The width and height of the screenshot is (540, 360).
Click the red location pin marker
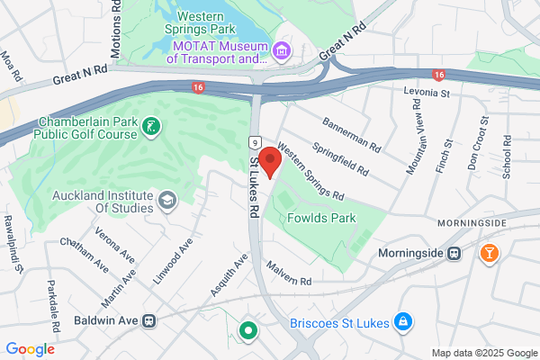click(271, 163)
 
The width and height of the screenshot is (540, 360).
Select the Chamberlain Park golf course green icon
click(152, 126)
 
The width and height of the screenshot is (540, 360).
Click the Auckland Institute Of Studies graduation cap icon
click(166, 199)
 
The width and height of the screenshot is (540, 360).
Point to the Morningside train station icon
click(455, 254)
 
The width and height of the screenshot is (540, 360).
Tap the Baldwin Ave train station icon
click(149, 319)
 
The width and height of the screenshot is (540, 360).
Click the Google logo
click(30, 349)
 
